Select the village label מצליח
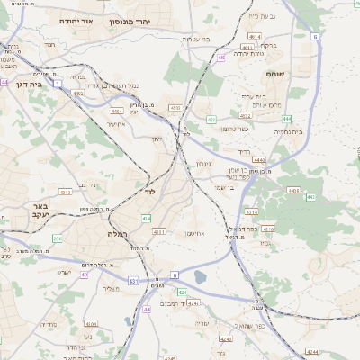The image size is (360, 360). point(112,288)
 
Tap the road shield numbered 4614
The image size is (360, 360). point(255,36)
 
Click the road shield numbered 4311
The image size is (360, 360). point(158,231)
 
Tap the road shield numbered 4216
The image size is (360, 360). point(267,229)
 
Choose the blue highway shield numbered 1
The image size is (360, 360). point(57,83)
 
